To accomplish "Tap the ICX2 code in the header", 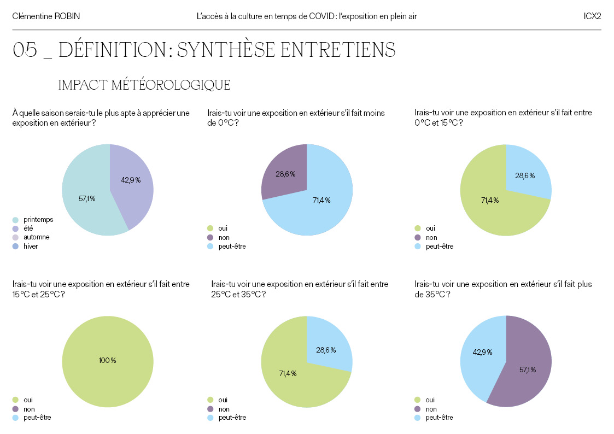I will tap(592, 16).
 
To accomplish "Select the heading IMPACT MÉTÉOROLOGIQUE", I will tap(144, 85).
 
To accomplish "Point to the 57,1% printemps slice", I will tap(87, 199).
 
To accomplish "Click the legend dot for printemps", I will tap(15, 219).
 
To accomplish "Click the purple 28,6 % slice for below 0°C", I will tap(285, 174).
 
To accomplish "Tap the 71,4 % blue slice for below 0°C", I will tap(321, 201).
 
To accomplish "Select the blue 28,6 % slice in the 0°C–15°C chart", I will tap(525, 175).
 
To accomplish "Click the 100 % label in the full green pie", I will tap(107, 360).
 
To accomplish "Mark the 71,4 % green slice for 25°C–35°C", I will tap(288, 374).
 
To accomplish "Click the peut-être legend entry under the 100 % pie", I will tap(37, 418).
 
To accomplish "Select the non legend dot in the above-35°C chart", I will tap(418, 409).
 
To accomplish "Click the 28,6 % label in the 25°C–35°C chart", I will tap(326, 350).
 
